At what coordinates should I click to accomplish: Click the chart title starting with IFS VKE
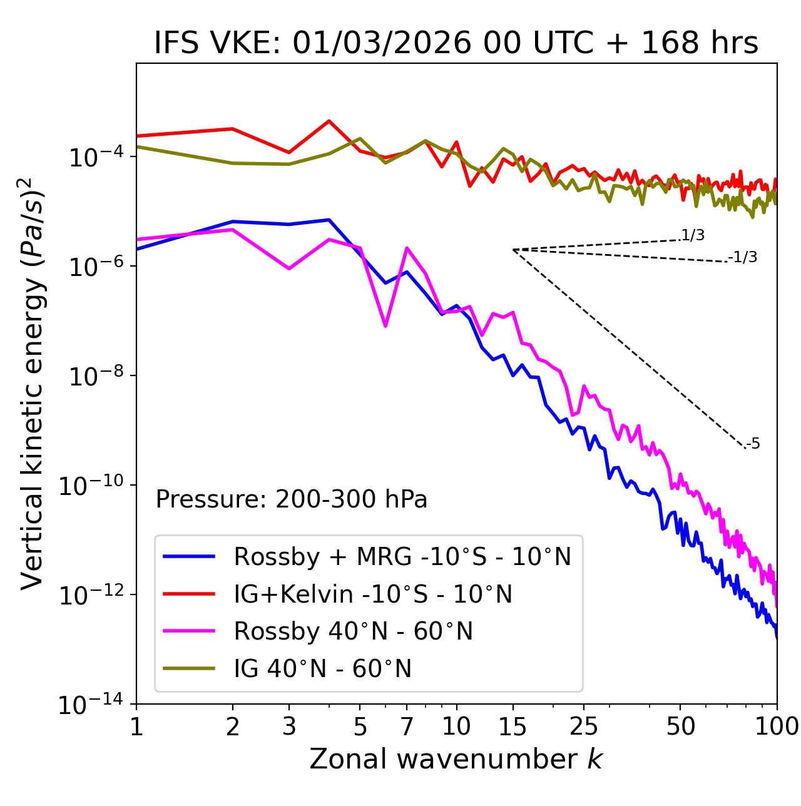coord(456,44)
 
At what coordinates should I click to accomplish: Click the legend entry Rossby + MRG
coord(402,556)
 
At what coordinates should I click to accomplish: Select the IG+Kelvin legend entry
coord(373,594)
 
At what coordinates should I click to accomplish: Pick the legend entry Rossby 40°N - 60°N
coord(353,631)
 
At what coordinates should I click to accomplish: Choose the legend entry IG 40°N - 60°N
coord(322,669)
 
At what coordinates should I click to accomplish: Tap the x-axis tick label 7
coord(407,727)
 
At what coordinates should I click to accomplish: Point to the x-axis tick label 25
coord(584,727)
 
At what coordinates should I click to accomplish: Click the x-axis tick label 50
coord(681,727)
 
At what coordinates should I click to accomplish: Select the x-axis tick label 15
coord(513,727)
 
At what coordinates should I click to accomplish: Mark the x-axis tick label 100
coord(776,727)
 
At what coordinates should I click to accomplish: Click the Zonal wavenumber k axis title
coord(456,759)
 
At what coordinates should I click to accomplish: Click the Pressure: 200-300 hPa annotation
coord(292,499)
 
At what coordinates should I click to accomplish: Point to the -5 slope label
coord(753,444)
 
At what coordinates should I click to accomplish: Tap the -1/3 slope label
coord(743,257)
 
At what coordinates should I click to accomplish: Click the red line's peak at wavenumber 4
coord(329,121)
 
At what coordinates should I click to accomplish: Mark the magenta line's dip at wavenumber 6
coord(385,326)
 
